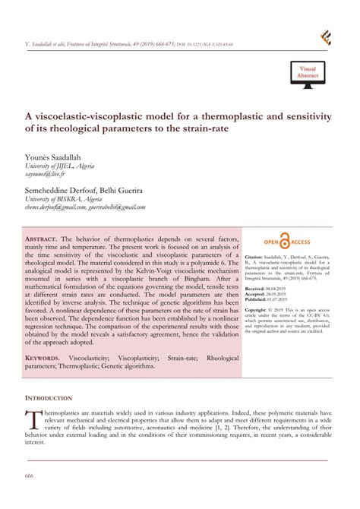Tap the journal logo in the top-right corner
coord(326,37)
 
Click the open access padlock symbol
coord(285,242)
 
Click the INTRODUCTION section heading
coord(49,397)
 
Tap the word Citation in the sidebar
coord(258,258)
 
